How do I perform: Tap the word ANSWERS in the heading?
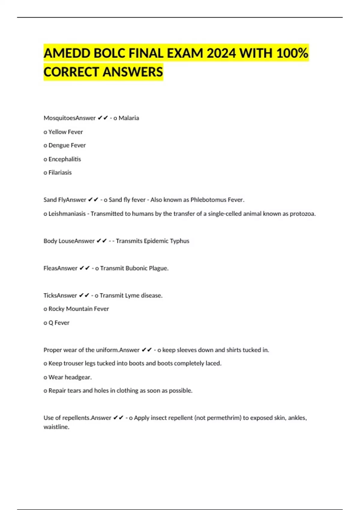click(x=133, y=72)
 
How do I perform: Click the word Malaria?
click(x=129, y=118)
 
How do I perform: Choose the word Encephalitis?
click(x=64, y=159)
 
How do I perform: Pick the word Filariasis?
click(x=60, y=172)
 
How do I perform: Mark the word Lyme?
click(x=132, y=295)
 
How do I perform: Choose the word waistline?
click(x=56, y=427)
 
